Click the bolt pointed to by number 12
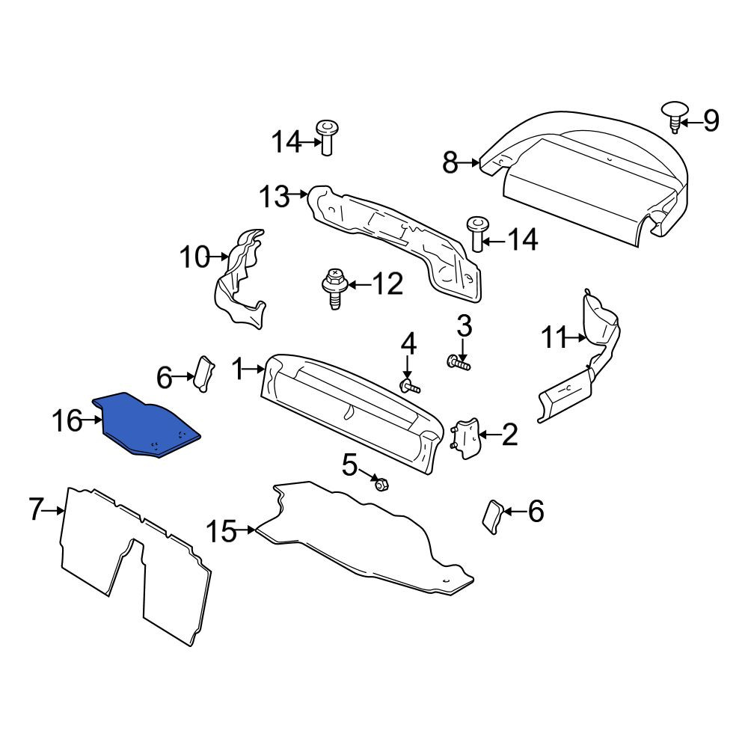tap(335, 288)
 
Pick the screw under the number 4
tap(410, 387)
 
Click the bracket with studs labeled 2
tap(465, 438)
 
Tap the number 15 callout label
tap(221, 531)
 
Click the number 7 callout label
tap(36, 509)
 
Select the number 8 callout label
tap(450, 162)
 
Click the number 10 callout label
tap(194, 257)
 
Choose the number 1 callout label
tap(238, 370)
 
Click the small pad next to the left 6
tap(203, 374)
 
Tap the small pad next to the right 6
tap(491, 517)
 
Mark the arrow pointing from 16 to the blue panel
tap(93, 420)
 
